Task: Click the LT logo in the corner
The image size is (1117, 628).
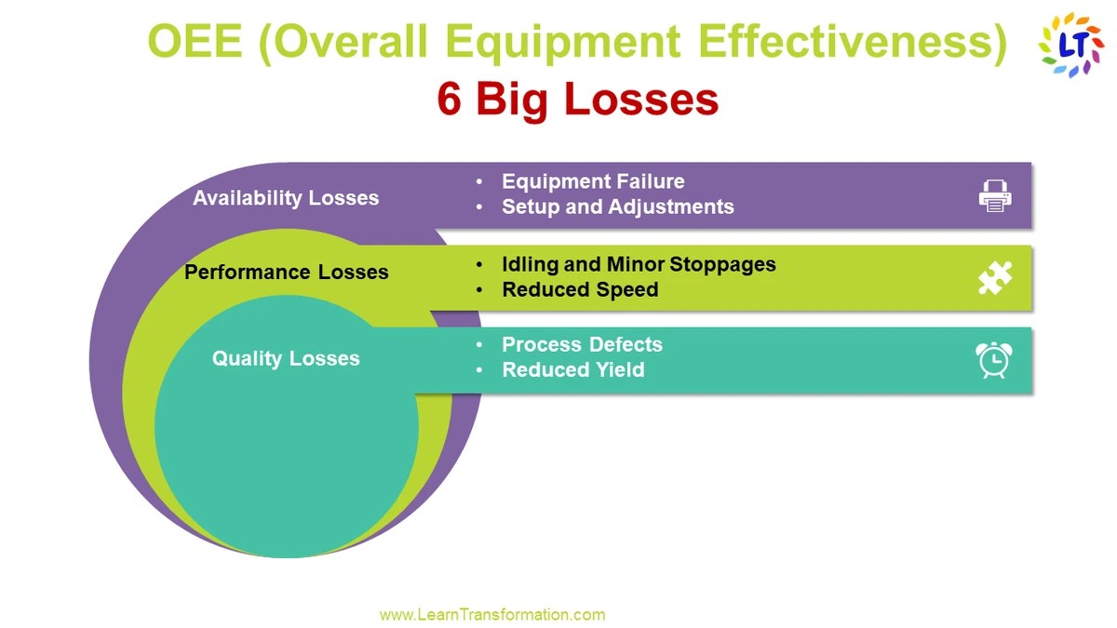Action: [x=1070, y=44]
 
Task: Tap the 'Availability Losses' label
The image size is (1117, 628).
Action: [x=286, y=198]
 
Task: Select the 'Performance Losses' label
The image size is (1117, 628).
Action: [x=286, y=273]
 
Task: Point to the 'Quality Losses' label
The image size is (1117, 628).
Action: [x=286, y=359]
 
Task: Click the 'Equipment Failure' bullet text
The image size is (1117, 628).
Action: [x=593, y=181]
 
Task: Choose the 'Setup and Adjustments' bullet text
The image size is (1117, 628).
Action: [x=617, y=207]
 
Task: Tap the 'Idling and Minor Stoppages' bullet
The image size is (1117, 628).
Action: [x=639, y=264]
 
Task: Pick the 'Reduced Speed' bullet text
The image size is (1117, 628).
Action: [x=580, y=289]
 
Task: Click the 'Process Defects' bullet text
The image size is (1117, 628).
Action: [x=582, y=344]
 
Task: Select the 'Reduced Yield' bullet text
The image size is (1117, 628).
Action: [x=572, y=369]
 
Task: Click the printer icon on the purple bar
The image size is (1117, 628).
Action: [x=995, y=195]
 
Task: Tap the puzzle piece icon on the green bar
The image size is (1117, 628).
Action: [x=995, y=278]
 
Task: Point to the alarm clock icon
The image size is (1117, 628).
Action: [x=994, y=359]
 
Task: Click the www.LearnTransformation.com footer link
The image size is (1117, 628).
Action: [x=492, y=614]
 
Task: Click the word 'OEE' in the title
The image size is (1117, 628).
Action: [x=196, y=44]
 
